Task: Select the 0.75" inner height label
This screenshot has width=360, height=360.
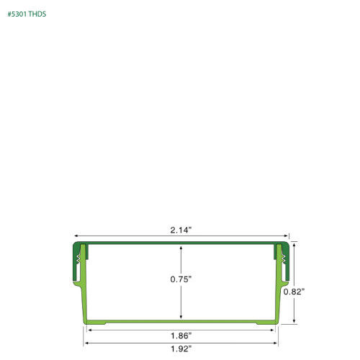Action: [x=181, y=280]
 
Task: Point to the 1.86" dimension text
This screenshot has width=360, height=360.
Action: [x=181, y=335]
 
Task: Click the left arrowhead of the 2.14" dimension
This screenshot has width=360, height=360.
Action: [x=76, y=235]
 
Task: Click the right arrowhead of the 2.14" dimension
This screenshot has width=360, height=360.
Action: [x=286, y=235]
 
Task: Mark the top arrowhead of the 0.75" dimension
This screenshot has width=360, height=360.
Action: [x=181, y=247]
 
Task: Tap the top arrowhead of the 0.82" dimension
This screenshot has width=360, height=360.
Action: [x=294, y=244]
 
